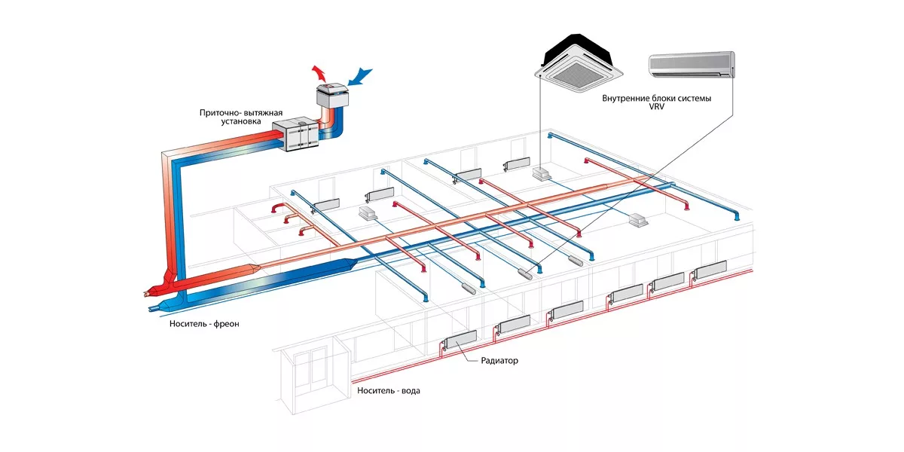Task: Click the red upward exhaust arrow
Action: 320,73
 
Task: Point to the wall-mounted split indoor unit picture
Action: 692,65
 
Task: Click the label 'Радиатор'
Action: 499,361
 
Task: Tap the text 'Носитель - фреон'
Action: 205,323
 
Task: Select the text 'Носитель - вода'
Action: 389,391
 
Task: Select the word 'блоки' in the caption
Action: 668,99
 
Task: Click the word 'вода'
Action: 410,391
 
